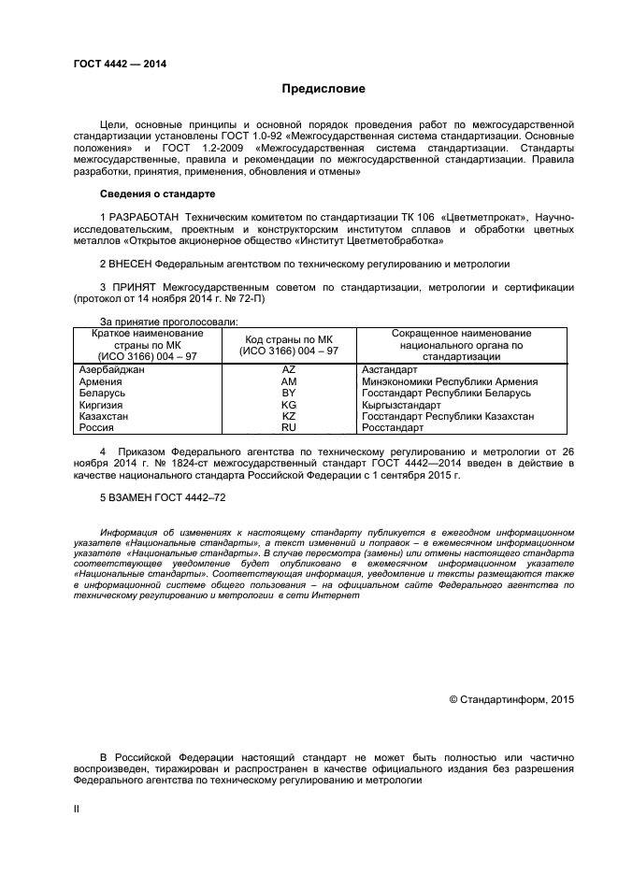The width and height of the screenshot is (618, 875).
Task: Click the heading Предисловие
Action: [323, 89]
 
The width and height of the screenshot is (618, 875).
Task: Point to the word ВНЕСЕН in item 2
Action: [131, 264]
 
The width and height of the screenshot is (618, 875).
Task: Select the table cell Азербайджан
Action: [111, 370]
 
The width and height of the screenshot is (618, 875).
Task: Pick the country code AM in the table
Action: [288, 381]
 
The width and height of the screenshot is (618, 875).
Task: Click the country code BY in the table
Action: [288, 393]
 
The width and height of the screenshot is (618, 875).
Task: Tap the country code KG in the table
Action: [288, 405]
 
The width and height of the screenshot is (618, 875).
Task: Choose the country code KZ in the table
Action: [288, 416]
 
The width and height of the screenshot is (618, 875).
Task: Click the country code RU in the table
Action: [288, 427]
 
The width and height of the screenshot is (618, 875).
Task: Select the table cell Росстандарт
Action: [392, 427]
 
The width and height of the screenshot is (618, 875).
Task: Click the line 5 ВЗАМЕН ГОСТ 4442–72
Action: [162, 499]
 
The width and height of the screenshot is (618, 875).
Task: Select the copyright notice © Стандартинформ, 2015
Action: [511, 698]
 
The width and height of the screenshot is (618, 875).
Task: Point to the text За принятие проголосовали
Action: [154, 322]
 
